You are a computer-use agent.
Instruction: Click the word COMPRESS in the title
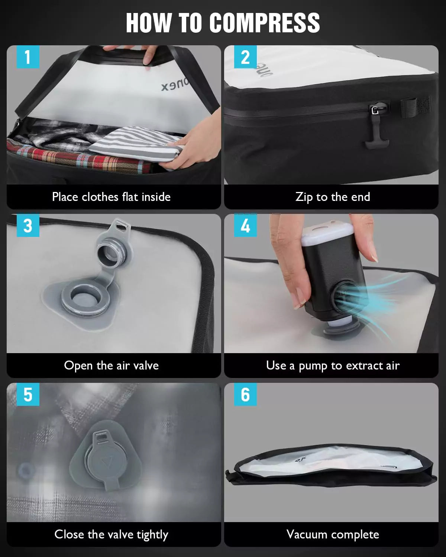(x=264, y=23)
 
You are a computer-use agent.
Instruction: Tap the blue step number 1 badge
(x=28, y=57)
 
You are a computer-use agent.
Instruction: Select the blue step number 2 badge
(x=245, y=57)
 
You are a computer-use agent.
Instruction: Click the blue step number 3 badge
(x=28, y=226)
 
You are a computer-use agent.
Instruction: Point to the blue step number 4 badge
(x=245, y=226)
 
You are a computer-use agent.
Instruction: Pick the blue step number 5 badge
(x=28, y=394)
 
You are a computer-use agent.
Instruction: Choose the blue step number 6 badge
(x=245, y=394)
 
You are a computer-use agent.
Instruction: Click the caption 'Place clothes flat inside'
(x=111, y=197)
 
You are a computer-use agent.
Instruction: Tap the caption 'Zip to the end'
(x=333, y=197)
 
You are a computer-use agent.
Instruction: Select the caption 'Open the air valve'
(x=111, y=365)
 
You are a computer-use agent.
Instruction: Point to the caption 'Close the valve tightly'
(x=111, y=534)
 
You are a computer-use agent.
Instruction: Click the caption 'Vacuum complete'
(x=333, y=534)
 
